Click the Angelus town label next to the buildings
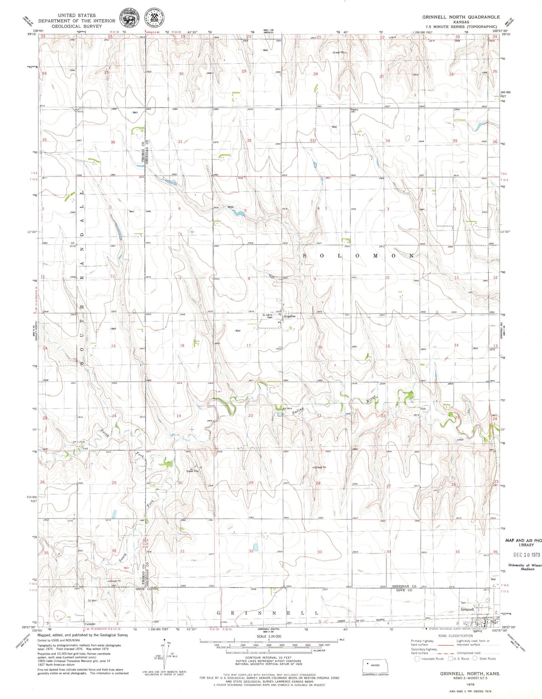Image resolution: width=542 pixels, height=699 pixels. pos(290,316)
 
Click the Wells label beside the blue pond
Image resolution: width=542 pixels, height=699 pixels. pos(230,207)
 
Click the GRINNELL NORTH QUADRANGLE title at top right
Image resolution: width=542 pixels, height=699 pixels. pos(461,17)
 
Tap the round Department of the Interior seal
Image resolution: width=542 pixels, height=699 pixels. pos(128,18)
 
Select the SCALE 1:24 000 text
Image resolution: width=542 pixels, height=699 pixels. pos(269,636)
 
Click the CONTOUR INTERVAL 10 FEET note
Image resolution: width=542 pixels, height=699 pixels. pos(269,658)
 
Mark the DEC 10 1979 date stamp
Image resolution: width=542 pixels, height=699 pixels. pos(526,555)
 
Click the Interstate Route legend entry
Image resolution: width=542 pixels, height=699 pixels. pos(429,658)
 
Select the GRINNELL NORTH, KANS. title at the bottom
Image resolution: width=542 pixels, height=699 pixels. pos(470,673)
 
